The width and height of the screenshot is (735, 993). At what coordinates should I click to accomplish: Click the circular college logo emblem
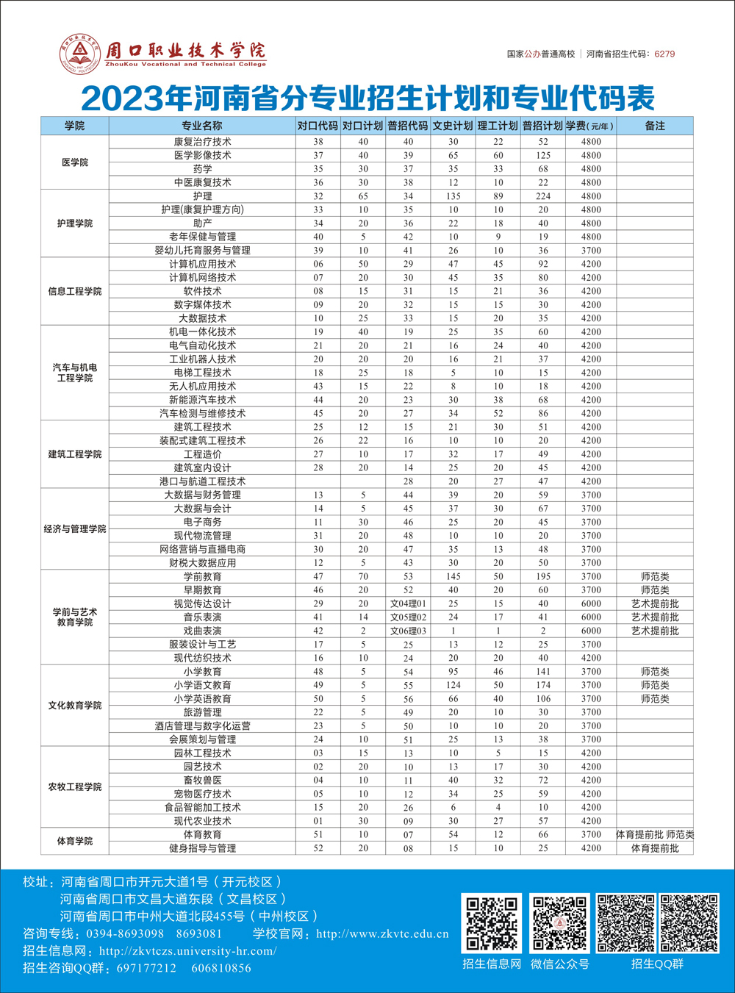(x=80, y=54)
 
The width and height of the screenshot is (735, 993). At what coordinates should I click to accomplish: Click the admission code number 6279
(x=664, y=54)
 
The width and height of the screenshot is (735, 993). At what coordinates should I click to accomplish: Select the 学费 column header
(x=590, y=126)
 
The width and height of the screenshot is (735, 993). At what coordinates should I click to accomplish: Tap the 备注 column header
(x=655, y=126)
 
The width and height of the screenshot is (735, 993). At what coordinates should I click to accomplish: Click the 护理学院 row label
(x=75, y=223)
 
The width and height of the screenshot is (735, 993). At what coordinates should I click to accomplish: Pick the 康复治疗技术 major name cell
(x=203, y=142)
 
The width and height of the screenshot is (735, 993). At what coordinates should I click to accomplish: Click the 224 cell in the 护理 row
(x=543, y=196)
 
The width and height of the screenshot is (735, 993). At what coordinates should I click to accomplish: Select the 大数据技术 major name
(x=203, y=318)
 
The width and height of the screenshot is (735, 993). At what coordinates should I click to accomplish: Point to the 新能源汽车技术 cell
(x=203, y=400)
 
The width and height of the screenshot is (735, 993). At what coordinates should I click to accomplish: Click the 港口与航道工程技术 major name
(x=203, y=481)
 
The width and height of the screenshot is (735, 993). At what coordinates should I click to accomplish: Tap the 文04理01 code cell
(x=408, y=603)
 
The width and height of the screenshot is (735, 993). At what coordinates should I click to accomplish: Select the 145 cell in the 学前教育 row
(x=453, y=576)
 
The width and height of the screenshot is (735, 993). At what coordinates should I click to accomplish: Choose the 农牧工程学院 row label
(x=75, y=786)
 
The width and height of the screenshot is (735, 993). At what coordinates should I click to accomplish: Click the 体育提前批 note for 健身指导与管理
(x=655, y=848)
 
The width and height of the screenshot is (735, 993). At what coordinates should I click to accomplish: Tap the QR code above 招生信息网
(x=492, y=923)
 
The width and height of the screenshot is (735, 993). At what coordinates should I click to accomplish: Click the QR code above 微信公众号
(x=560, y=923)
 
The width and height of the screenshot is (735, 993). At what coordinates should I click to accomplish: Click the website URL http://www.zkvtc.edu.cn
(x=382, y=934)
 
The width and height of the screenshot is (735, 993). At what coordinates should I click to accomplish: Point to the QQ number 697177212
(x=146, y=968)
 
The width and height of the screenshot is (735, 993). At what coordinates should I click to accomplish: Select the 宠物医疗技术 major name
(x=203, y=794)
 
